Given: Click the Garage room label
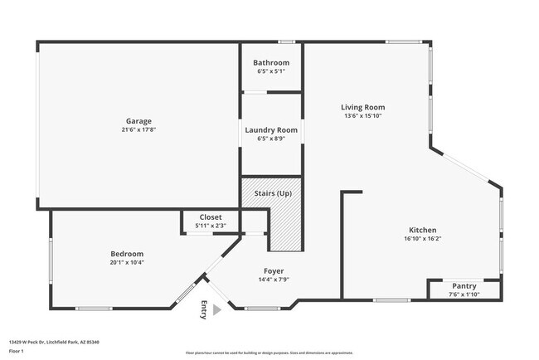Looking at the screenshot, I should [138, 121].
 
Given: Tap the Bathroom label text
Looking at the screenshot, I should [271, 63].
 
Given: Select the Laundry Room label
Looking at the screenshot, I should [271, 130].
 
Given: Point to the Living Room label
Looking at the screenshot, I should [363, 107].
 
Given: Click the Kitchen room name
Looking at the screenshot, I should [422, 230].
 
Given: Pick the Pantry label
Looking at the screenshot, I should [464, 285].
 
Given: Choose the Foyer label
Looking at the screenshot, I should [274, 270].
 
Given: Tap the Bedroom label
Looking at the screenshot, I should [127, 254].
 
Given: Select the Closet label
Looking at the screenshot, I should [210, 217].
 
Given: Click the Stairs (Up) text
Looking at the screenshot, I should [273, 193].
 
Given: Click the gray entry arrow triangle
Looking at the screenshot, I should [217, 310].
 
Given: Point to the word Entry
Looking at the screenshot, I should [203, 309].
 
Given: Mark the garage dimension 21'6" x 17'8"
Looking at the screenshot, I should [138, 129].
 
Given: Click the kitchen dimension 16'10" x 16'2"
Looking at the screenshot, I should [422, 239].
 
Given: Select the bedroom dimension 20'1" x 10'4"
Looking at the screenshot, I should [127, 262].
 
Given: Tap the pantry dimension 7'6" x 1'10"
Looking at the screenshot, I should [464, 294].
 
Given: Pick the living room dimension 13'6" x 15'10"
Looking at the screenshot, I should [363, 116].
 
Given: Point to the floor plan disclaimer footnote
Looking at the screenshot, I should [269, 353].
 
